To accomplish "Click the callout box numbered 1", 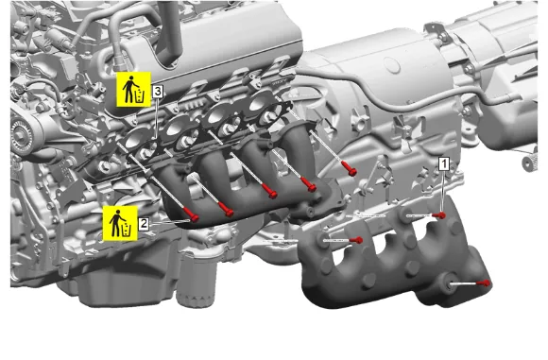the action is click(x=444, y=163).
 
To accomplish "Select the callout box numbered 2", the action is click(x=144, y=224).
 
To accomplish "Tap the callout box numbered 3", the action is click(x=158, y=92).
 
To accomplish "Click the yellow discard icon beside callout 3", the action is click(x=133, y=90).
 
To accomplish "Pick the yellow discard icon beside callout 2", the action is click(x=120, y=223).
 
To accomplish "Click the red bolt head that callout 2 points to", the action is click(x=194, y=217).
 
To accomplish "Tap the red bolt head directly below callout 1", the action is click(x=442, y=215).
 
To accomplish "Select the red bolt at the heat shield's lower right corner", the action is click(x=487, y=283).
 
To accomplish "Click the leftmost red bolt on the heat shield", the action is click(x=359, y=240).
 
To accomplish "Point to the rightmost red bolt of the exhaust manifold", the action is click(x=351, y=172).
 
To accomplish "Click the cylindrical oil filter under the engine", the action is click(x=197, y=283).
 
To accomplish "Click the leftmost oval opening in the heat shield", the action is click(x=342, y=258).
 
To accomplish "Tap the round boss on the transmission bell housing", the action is click(x=392, y=64).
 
